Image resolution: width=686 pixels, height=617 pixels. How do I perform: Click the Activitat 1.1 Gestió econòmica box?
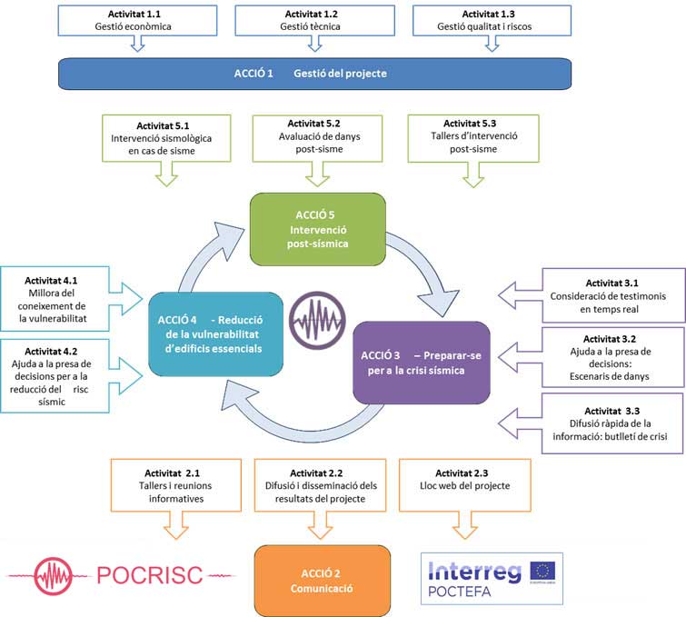pos(136,20)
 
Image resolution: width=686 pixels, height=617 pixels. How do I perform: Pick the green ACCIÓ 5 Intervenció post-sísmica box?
pos(319,230)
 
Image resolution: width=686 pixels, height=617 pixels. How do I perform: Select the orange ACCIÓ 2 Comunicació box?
pos(323,581)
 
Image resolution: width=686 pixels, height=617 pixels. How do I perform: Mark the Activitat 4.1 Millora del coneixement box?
pos(55,295)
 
